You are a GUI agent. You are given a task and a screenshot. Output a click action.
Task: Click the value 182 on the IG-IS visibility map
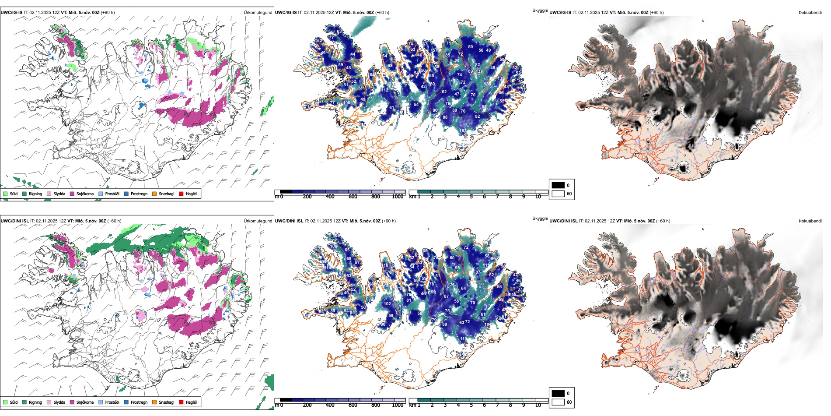tap(463, 131)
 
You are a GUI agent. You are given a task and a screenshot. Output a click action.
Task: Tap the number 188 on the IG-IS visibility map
tap(487, 84)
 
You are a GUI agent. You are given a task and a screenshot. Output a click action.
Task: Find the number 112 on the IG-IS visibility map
tap(384, 90)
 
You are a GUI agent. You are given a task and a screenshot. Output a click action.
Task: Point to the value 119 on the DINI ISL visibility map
tap(463, 339)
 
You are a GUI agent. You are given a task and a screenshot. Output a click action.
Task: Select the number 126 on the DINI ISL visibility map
tap(451, 285)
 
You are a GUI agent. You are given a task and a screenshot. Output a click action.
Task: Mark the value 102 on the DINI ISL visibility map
tap(387, 303)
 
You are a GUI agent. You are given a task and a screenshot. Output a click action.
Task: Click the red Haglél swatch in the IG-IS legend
tap(181, 194)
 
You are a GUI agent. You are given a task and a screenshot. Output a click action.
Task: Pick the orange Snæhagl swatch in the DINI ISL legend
tap(154, 402)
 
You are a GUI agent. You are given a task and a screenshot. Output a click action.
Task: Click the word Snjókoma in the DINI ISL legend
tap(85, 402)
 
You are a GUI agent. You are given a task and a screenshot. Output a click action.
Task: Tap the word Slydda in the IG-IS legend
tap(59, 194)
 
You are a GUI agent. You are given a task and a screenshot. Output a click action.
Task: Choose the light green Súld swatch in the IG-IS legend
tap(5, 194)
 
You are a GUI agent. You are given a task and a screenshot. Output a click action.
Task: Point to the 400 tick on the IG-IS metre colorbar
tap(330, 197)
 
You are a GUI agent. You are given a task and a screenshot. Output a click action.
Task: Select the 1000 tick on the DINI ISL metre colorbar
tap(398, 405)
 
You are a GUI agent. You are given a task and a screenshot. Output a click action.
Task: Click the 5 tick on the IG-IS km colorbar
tap(471, 197)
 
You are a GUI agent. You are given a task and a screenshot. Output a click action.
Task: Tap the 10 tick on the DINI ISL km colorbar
tap(538, 405)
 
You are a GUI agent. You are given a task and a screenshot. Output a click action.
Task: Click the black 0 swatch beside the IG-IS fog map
tap(558, 185)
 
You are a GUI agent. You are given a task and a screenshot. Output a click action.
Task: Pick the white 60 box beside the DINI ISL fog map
tap(558, 402)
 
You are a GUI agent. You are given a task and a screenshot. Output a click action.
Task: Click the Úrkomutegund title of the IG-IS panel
tap(258, 12)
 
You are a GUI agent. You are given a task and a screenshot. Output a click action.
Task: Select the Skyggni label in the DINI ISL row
tap(540, 219)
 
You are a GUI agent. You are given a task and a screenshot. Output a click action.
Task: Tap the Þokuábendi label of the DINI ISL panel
tap(810, 221)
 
